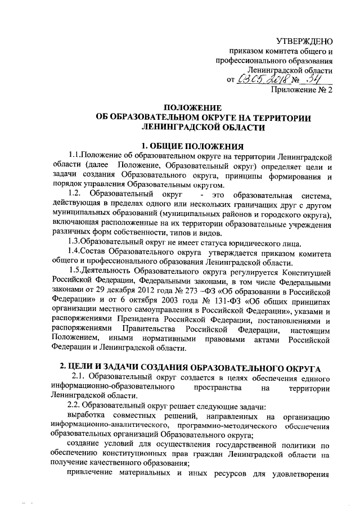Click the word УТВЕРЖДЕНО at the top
click(x=305, y=41)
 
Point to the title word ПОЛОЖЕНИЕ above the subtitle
click(x=188, y=107)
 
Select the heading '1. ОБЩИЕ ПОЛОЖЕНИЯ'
click(x=188, y=146)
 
